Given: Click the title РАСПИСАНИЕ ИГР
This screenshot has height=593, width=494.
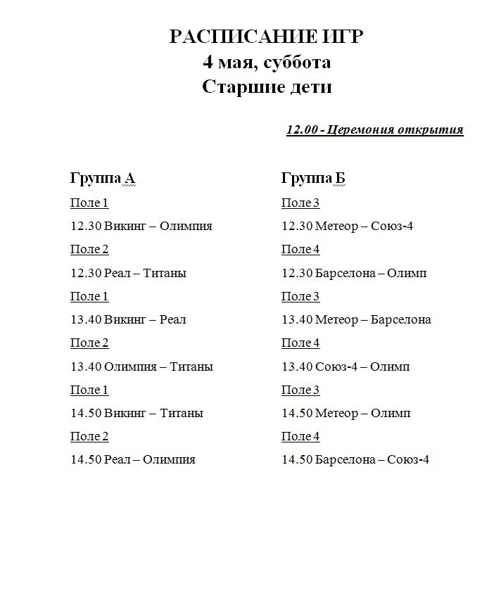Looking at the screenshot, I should coord(267,37).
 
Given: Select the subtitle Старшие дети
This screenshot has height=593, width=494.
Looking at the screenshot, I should coord(267,87).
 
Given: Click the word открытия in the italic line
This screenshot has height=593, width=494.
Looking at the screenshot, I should coord(431,129).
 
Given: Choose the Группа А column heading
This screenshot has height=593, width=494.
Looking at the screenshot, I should coord(102,178).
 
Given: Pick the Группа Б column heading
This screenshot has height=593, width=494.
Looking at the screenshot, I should coord(313,178).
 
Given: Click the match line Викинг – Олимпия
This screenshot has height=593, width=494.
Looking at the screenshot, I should coord(141,227).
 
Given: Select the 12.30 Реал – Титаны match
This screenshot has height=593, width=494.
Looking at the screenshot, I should coord(128,273).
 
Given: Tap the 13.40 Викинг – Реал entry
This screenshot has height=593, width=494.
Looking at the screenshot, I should coord(128,319).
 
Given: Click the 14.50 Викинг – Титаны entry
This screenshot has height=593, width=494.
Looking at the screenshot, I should coord(137,413).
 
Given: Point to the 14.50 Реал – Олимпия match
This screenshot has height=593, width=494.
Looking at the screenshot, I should coord(133,459).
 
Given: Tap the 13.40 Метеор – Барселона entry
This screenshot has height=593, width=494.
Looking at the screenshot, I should coord(356,319).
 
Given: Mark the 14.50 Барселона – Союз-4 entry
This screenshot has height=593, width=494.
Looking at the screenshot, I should coord(355,459).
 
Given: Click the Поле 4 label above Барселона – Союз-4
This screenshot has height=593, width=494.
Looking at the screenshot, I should coord(300,436).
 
